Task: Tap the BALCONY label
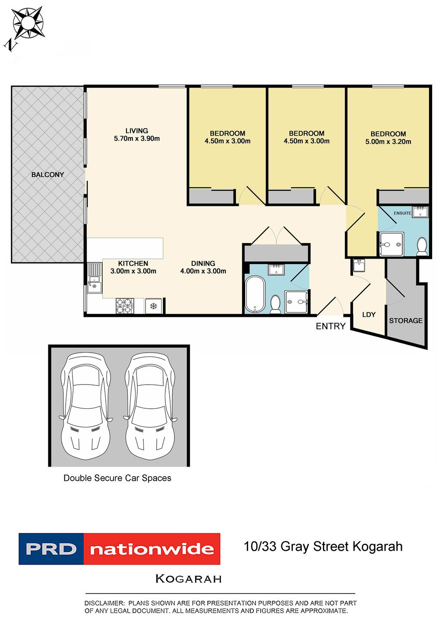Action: coord(47,175)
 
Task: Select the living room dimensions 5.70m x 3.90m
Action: coord(137,139)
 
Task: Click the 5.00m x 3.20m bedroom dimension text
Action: coord(388,142)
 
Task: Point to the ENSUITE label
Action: coord(402,213)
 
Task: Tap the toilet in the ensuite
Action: coord(422,246)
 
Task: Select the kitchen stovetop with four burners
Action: coord(124,306)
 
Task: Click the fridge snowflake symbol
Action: coord(153,306)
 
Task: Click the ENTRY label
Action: coord(331,326)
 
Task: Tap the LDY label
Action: coord(369,315)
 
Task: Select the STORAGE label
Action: coord(406,321)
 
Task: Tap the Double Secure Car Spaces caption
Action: coord(117,478)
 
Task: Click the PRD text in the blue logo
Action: coord(51,549)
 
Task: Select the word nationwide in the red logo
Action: coord(152,549)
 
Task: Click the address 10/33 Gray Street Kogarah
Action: coord(323,546)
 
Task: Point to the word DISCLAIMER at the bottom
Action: coord(104,603)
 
